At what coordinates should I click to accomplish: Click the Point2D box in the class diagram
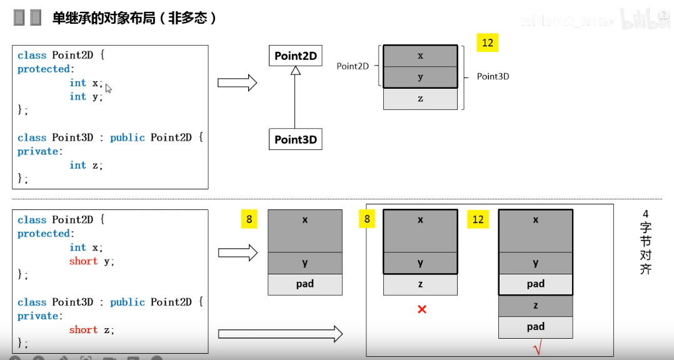click(296, 56)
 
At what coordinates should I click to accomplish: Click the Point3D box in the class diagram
click(296, 139)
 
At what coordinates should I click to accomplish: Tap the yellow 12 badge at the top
click(487, 42)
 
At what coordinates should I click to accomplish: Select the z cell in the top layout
click(420, 99)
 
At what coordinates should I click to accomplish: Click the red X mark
click(422, 309)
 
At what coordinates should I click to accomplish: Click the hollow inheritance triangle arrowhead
click(296, 71)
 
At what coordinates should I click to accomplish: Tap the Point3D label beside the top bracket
click(493, 76)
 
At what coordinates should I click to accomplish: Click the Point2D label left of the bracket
click(353, 66)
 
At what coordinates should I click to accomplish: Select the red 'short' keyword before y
click(83, 261)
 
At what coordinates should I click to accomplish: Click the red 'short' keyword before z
click(83, 330)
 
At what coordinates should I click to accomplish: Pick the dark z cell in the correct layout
click(536, 306)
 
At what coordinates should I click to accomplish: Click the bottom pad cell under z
click(536, 327)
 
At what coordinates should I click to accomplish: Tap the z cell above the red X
click(420, 284)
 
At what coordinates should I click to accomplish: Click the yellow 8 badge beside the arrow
click(249, 219)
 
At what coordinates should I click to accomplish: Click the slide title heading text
click(134, 18)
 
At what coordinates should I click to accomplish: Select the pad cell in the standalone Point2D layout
click(305, 284)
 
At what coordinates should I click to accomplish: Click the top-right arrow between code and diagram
click(238, 82)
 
